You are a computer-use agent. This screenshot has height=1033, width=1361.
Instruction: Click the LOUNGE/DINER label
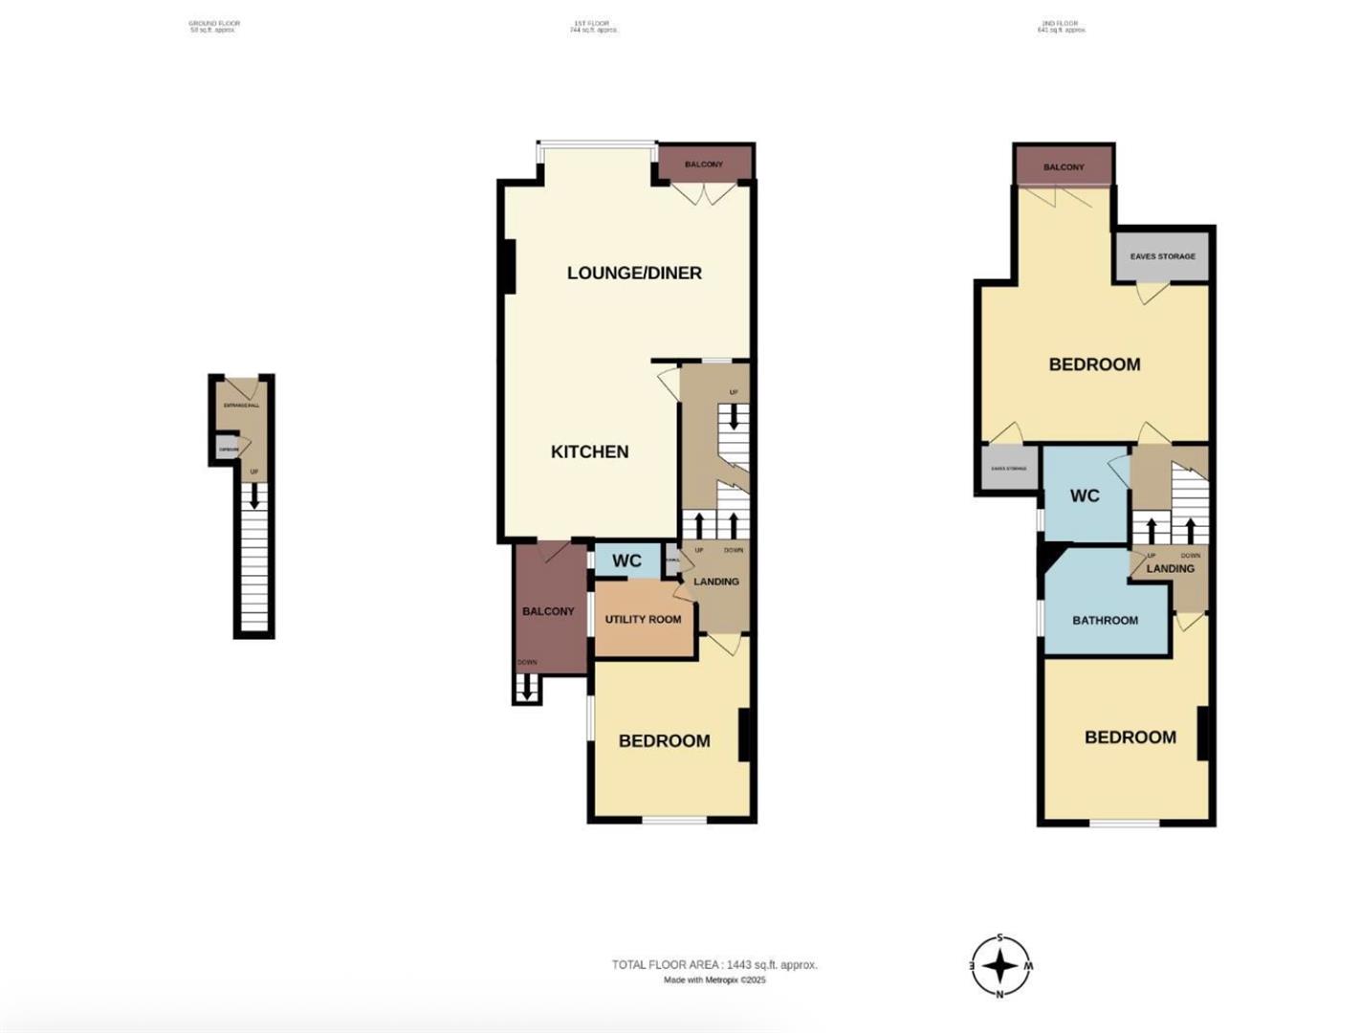[634, 273]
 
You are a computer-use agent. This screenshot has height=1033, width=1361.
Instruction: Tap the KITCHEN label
[589, 451]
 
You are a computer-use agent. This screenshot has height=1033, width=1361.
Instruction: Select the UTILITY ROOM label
[643, 619]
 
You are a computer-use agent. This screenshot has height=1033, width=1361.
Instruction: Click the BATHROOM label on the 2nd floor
[1105, 620]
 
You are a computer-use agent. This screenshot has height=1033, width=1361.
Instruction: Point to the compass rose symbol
[1000, 966]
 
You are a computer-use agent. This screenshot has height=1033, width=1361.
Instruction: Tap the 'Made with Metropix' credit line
[714, 979]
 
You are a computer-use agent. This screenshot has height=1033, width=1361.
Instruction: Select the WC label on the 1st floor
[626, 560]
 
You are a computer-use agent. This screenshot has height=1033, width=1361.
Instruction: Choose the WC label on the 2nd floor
[1085, 495]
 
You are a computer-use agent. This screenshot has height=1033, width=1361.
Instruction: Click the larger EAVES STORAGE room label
[1162, 256]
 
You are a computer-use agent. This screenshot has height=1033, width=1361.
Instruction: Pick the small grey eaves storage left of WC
[1009, 469]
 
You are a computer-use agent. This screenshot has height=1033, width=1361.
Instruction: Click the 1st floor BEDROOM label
[664, 740]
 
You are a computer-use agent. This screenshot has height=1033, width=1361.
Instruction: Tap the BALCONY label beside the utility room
[548, 611]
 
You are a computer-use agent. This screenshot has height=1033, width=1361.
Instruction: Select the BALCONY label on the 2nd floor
[1064, 167]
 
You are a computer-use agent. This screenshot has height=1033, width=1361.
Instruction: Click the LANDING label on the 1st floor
[715, 582]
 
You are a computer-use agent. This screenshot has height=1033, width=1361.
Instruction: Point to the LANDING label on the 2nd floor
[1170, 568]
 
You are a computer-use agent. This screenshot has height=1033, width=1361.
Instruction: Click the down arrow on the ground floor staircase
[254, 496]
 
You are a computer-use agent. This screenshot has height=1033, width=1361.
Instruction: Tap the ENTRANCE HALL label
[241, 406]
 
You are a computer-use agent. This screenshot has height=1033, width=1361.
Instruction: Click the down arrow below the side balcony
[526, 690]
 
